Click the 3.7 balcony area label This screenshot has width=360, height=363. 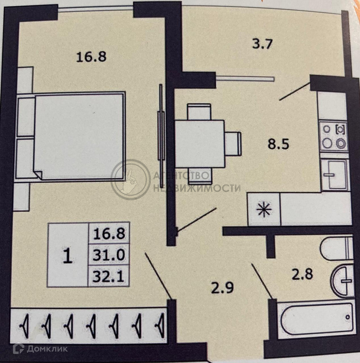click(262, 44)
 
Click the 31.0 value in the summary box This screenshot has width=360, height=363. click(109, 255)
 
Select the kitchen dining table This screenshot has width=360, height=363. click(199, 144)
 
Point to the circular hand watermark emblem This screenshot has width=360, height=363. click(130, 180)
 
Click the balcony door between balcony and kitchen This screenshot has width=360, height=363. click(245, 79)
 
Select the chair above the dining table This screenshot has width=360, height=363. click(199, 112)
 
